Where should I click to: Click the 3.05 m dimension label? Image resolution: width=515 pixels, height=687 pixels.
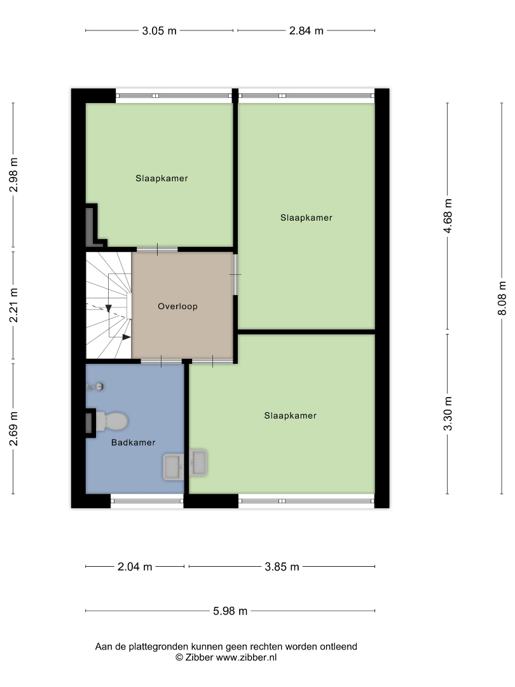pos(159,31)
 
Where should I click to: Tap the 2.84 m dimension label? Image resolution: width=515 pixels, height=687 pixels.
pos(306,31)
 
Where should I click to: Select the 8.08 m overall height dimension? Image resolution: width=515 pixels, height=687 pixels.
pos(502,298)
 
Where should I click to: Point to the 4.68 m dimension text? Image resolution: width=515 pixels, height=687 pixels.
pos(448,216)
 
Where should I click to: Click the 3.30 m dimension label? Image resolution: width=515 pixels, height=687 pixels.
pos(448,414)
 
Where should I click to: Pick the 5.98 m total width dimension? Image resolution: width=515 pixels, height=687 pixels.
pos(230,611)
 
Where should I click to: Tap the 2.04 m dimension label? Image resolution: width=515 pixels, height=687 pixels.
pos(135,567)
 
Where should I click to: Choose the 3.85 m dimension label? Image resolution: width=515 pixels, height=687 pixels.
pos(282,567)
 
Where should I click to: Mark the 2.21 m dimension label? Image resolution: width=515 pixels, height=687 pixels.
pos(13,305)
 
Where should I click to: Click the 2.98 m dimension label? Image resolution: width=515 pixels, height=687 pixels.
pos(13,175)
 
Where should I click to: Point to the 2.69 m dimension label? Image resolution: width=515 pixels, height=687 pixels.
pos(13,429)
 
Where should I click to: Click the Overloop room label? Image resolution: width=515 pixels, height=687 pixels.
pos(178,306)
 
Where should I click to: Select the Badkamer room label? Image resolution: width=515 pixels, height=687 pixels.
pos(133,443)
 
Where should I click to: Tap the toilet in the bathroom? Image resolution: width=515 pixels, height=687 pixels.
pos(112,421)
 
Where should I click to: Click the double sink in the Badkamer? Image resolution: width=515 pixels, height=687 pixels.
pos(185,464)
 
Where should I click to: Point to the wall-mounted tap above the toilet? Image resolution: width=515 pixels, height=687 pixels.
pos(95,387)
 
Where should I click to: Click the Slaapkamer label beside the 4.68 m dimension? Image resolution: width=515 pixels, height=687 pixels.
pos(306,218)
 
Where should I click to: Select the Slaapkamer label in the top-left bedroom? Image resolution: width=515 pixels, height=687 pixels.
pos(161,178)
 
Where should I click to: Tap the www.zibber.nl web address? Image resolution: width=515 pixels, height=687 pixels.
pos(246,657)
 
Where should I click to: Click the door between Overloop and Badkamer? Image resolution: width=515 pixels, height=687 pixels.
pos(161,361)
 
